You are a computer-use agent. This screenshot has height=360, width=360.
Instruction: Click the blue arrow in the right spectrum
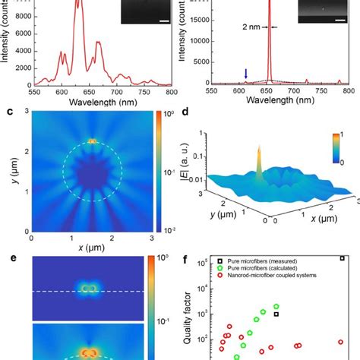click(245, 73)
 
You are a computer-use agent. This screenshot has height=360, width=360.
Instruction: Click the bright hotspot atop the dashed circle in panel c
click(92, 141)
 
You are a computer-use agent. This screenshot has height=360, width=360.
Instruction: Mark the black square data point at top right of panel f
click(342, 258)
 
